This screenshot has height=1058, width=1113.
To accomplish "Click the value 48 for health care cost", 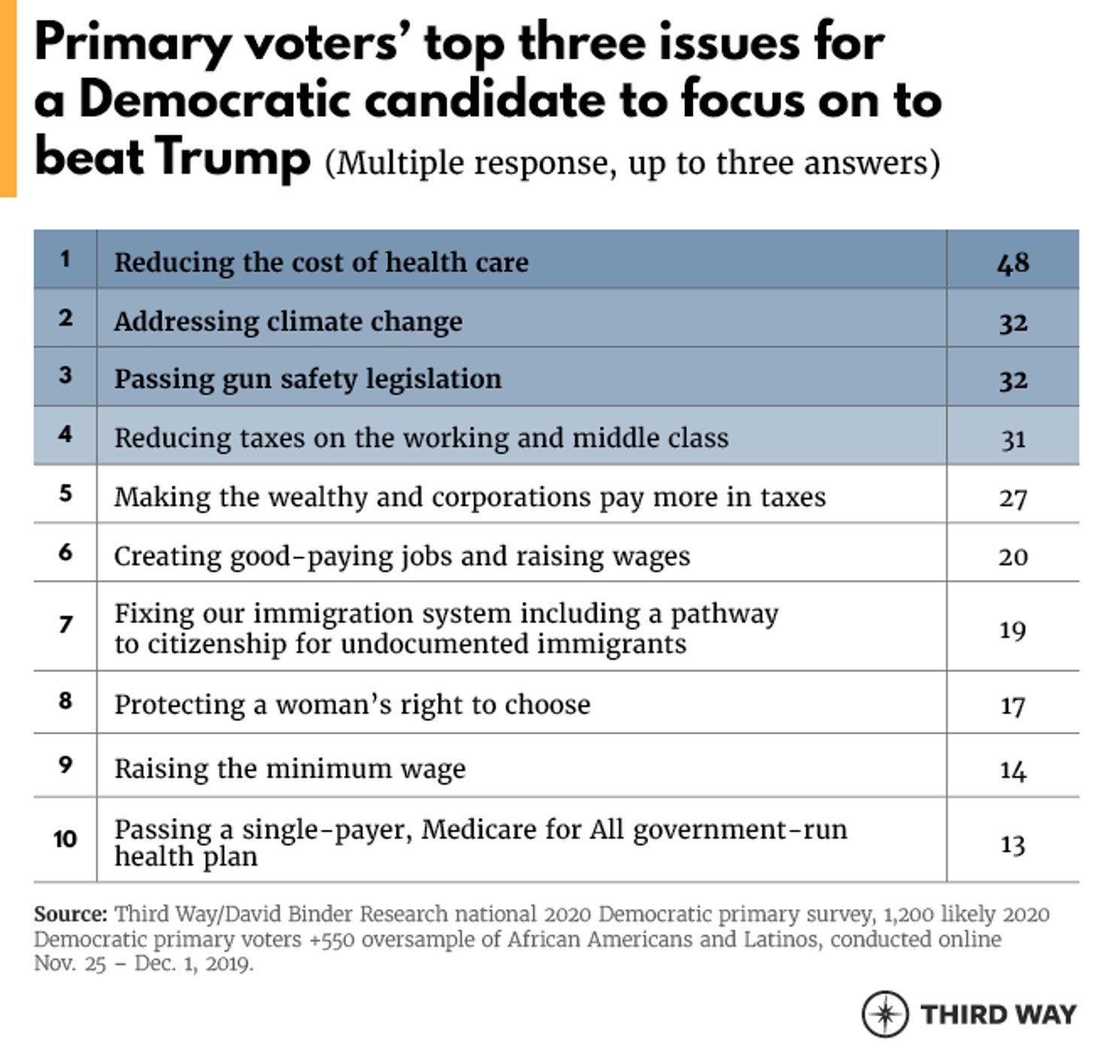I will point(1012,263).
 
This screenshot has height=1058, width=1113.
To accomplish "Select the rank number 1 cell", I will point(65,259).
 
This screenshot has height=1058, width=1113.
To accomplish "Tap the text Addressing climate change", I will point(288,321).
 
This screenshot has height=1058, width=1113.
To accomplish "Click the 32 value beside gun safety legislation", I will point(1012,380).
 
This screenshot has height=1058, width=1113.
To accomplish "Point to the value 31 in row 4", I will point(1012,439).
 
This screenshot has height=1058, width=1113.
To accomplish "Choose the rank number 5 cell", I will point(65,494).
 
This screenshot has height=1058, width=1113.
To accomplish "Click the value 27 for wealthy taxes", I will point(1012,498).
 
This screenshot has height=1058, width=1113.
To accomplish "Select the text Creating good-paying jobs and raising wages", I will point(402,556).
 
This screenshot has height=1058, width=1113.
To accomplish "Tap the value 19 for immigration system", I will point(1012,630).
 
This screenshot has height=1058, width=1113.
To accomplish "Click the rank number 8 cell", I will point(65,701).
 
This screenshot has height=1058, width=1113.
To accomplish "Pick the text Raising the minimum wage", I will point(290,768).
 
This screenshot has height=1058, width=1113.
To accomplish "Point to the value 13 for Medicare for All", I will point(1012,844).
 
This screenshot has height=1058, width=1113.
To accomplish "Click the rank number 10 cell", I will point(65,838).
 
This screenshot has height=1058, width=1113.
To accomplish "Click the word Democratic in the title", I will point(214,99).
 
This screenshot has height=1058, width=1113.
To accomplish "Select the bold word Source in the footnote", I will point(70,914).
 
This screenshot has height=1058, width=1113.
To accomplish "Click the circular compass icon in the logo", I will point(885,1014).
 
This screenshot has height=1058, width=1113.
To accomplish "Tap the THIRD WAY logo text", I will point(999,1014).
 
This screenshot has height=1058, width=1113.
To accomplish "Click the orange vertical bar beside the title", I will point(8,98).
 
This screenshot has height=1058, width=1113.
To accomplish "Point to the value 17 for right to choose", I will point(1012,706).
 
